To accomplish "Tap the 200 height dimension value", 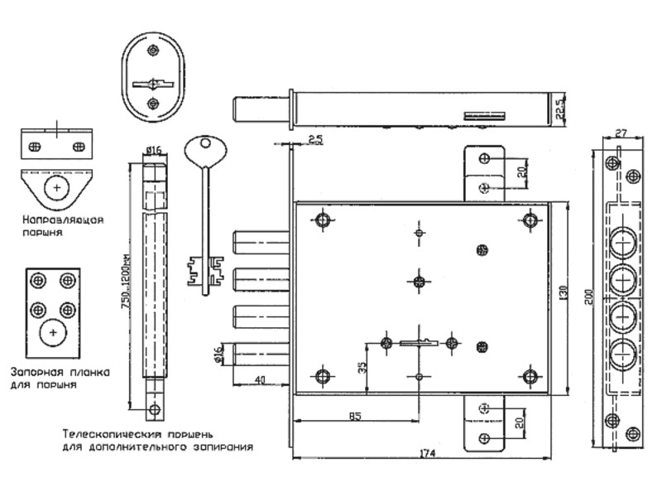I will tap(587, 298).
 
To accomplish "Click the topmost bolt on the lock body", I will tap(261, 242).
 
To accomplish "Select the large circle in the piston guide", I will tap(56, 188).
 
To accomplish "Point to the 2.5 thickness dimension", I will tap(314, 139).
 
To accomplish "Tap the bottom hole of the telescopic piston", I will tap(153, 408).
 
